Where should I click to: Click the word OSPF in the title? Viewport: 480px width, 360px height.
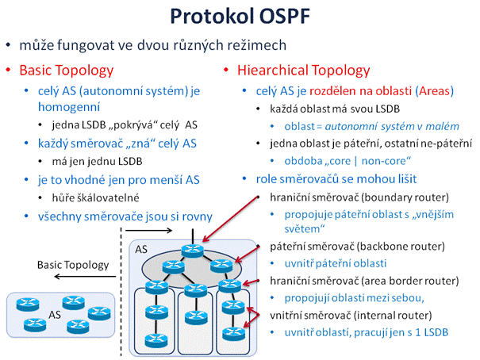coord(285,16)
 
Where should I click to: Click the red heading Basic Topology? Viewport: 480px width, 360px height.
coord(67,71)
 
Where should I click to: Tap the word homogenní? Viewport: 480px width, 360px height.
coord(69,107)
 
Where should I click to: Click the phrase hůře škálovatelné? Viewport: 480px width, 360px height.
coord(95,198)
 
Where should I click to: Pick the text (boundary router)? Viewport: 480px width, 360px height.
coord(405,197)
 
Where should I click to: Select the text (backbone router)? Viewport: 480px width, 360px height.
coord(399,247)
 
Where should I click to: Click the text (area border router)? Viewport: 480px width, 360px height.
coord(410,281)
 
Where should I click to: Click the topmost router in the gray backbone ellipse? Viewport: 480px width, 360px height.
coord(192,251)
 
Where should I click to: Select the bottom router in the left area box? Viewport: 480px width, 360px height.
coord(156,340)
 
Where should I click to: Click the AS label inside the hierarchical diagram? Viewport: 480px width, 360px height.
coord(141,249)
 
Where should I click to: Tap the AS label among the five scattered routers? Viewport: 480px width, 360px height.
coord(55,315)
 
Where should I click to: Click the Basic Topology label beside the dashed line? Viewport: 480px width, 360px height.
coord(73,265)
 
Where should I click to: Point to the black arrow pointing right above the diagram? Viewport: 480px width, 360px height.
coord(149,230)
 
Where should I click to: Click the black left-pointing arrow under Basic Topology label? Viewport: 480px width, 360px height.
coord(85,277)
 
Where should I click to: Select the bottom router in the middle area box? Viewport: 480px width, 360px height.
coord(196,317)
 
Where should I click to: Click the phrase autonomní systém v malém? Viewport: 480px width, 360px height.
coord(392,126)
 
